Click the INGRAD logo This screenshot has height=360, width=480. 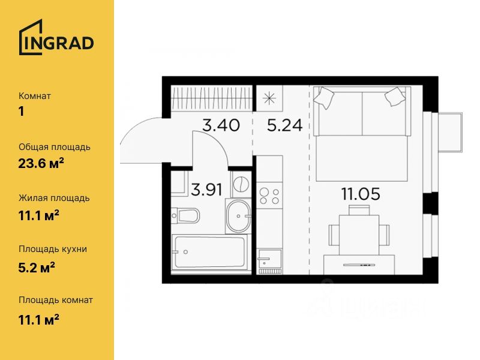point(56,37)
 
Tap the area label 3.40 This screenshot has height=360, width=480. point(221,125)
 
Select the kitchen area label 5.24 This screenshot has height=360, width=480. point(284,125)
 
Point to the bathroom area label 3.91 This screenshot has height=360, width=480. point(206,190)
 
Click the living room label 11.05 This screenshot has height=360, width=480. point(361,194)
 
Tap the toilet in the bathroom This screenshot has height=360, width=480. point(185,216)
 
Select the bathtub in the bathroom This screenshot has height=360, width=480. point(209,252)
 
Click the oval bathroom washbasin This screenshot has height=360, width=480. point(238,216)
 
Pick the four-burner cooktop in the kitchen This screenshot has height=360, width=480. point(269,196)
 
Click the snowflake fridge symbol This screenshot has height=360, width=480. point(269,98)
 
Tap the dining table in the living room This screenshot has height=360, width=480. point(359,235)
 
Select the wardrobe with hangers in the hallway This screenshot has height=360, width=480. point(212,97)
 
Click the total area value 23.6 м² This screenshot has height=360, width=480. point(41,164)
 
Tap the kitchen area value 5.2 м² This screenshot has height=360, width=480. point(37,268)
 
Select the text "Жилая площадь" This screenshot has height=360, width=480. point(54,198)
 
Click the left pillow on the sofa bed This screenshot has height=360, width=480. point(323,97)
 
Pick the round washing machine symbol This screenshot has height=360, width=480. point(241,184)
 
